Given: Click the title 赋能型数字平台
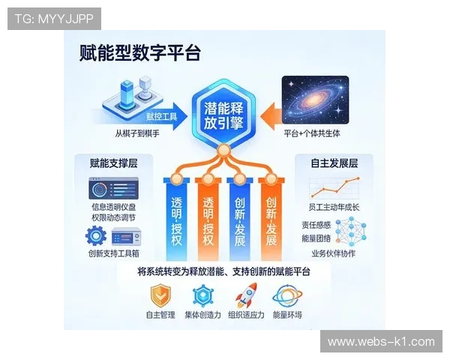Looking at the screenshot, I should (x=140, y=52).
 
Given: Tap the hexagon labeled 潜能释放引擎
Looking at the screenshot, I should (x=224, y=114).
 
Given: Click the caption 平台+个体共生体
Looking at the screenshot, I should (x=318, y=133).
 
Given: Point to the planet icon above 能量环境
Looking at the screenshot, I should (x=287, y=294).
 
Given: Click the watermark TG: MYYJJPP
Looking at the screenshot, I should (x=54, y=18).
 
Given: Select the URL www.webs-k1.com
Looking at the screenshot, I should (x=381, y=342).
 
